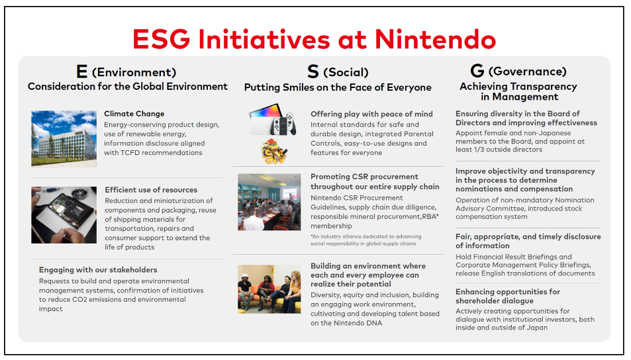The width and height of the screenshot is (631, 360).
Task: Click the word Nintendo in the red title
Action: [435, 40]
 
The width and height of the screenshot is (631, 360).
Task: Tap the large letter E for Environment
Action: [81, 71]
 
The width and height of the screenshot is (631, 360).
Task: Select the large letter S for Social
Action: [313, 71]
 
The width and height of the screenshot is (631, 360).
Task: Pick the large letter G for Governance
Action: [477, 71]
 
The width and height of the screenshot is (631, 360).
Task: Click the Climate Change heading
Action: [134, 114]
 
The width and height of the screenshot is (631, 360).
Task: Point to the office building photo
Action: [64, 138]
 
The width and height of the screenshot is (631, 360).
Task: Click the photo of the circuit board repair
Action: [64, 215]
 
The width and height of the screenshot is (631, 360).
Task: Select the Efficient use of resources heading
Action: [151, 190]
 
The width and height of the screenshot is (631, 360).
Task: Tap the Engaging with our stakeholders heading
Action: [98, 270]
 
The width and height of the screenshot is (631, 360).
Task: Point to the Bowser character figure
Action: [274, 152]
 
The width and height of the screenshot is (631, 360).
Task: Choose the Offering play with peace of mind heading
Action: [371, 114]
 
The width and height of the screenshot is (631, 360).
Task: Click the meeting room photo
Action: [269, 202]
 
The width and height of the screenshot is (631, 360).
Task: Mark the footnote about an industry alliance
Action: [365, 240]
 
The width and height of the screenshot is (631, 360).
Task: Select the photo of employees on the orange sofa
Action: [269, 289]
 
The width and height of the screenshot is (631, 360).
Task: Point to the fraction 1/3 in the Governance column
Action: [479, 150]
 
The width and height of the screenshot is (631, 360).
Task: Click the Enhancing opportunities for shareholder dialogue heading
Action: [507, 296]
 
